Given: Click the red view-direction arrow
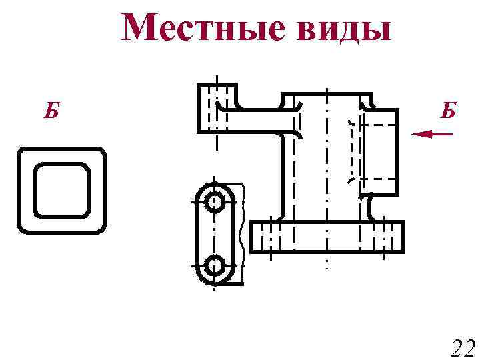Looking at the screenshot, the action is (x=433, y=135).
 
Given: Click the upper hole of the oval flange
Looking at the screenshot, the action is (x=214, y=201).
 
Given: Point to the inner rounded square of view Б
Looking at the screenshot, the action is (x=62, y=190).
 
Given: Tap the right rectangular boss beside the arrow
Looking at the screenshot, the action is (x=381, y=151).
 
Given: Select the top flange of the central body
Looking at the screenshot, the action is (x=327, y=99).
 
